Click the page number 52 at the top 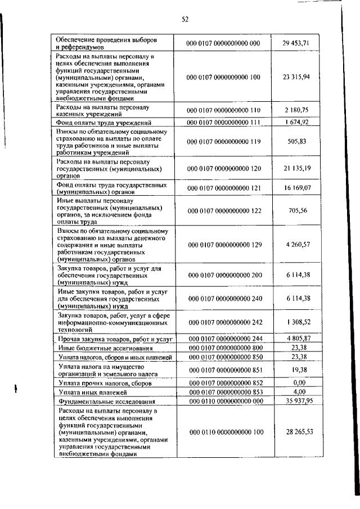coord(184,19)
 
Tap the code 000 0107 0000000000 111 coord(224,123)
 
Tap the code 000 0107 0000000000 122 coord(224,210)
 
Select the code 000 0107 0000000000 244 coord(224,339)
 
